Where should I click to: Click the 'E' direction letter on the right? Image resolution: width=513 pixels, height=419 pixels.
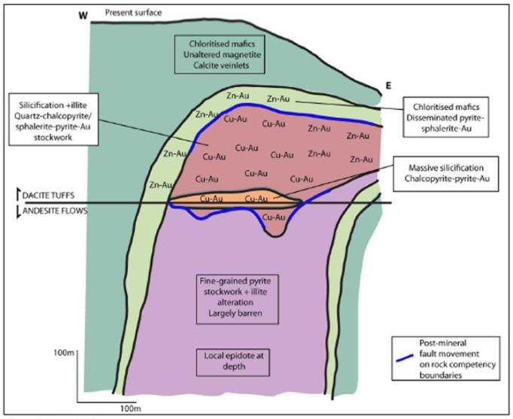(388, 86)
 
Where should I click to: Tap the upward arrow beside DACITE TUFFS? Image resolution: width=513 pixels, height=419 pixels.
(19, 195)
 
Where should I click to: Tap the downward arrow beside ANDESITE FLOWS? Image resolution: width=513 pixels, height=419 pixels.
(19, 211)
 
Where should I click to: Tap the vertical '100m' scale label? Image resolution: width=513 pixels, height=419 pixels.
(63, 351)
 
